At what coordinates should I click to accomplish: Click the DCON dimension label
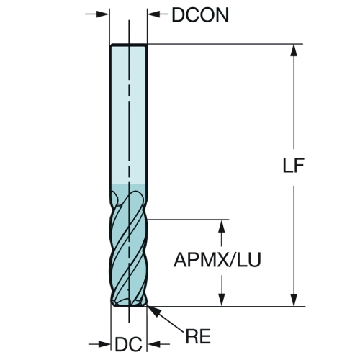200,15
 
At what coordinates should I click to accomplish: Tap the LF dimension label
294,166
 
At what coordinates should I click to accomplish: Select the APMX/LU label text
217,260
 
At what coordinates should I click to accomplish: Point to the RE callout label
198,336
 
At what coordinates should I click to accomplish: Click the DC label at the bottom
129,344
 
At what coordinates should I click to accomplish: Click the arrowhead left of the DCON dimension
103,14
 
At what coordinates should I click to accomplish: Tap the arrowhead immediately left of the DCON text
153,14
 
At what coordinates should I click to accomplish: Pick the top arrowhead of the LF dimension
294,50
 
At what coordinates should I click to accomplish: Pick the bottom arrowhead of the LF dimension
294,300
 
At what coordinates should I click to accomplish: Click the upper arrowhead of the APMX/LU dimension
222,226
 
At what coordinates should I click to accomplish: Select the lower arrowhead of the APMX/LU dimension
222,300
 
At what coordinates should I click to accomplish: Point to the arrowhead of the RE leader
153,311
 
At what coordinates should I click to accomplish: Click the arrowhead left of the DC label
104,344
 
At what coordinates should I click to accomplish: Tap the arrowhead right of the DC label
153,344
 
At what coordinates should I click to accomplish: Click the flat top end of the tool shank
129,45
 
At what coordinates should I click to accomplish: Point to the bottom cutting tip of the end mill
129,306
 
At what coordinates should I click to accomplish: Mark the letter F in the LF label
300,166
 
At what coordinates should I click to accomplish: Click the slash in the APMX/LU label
233,260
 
